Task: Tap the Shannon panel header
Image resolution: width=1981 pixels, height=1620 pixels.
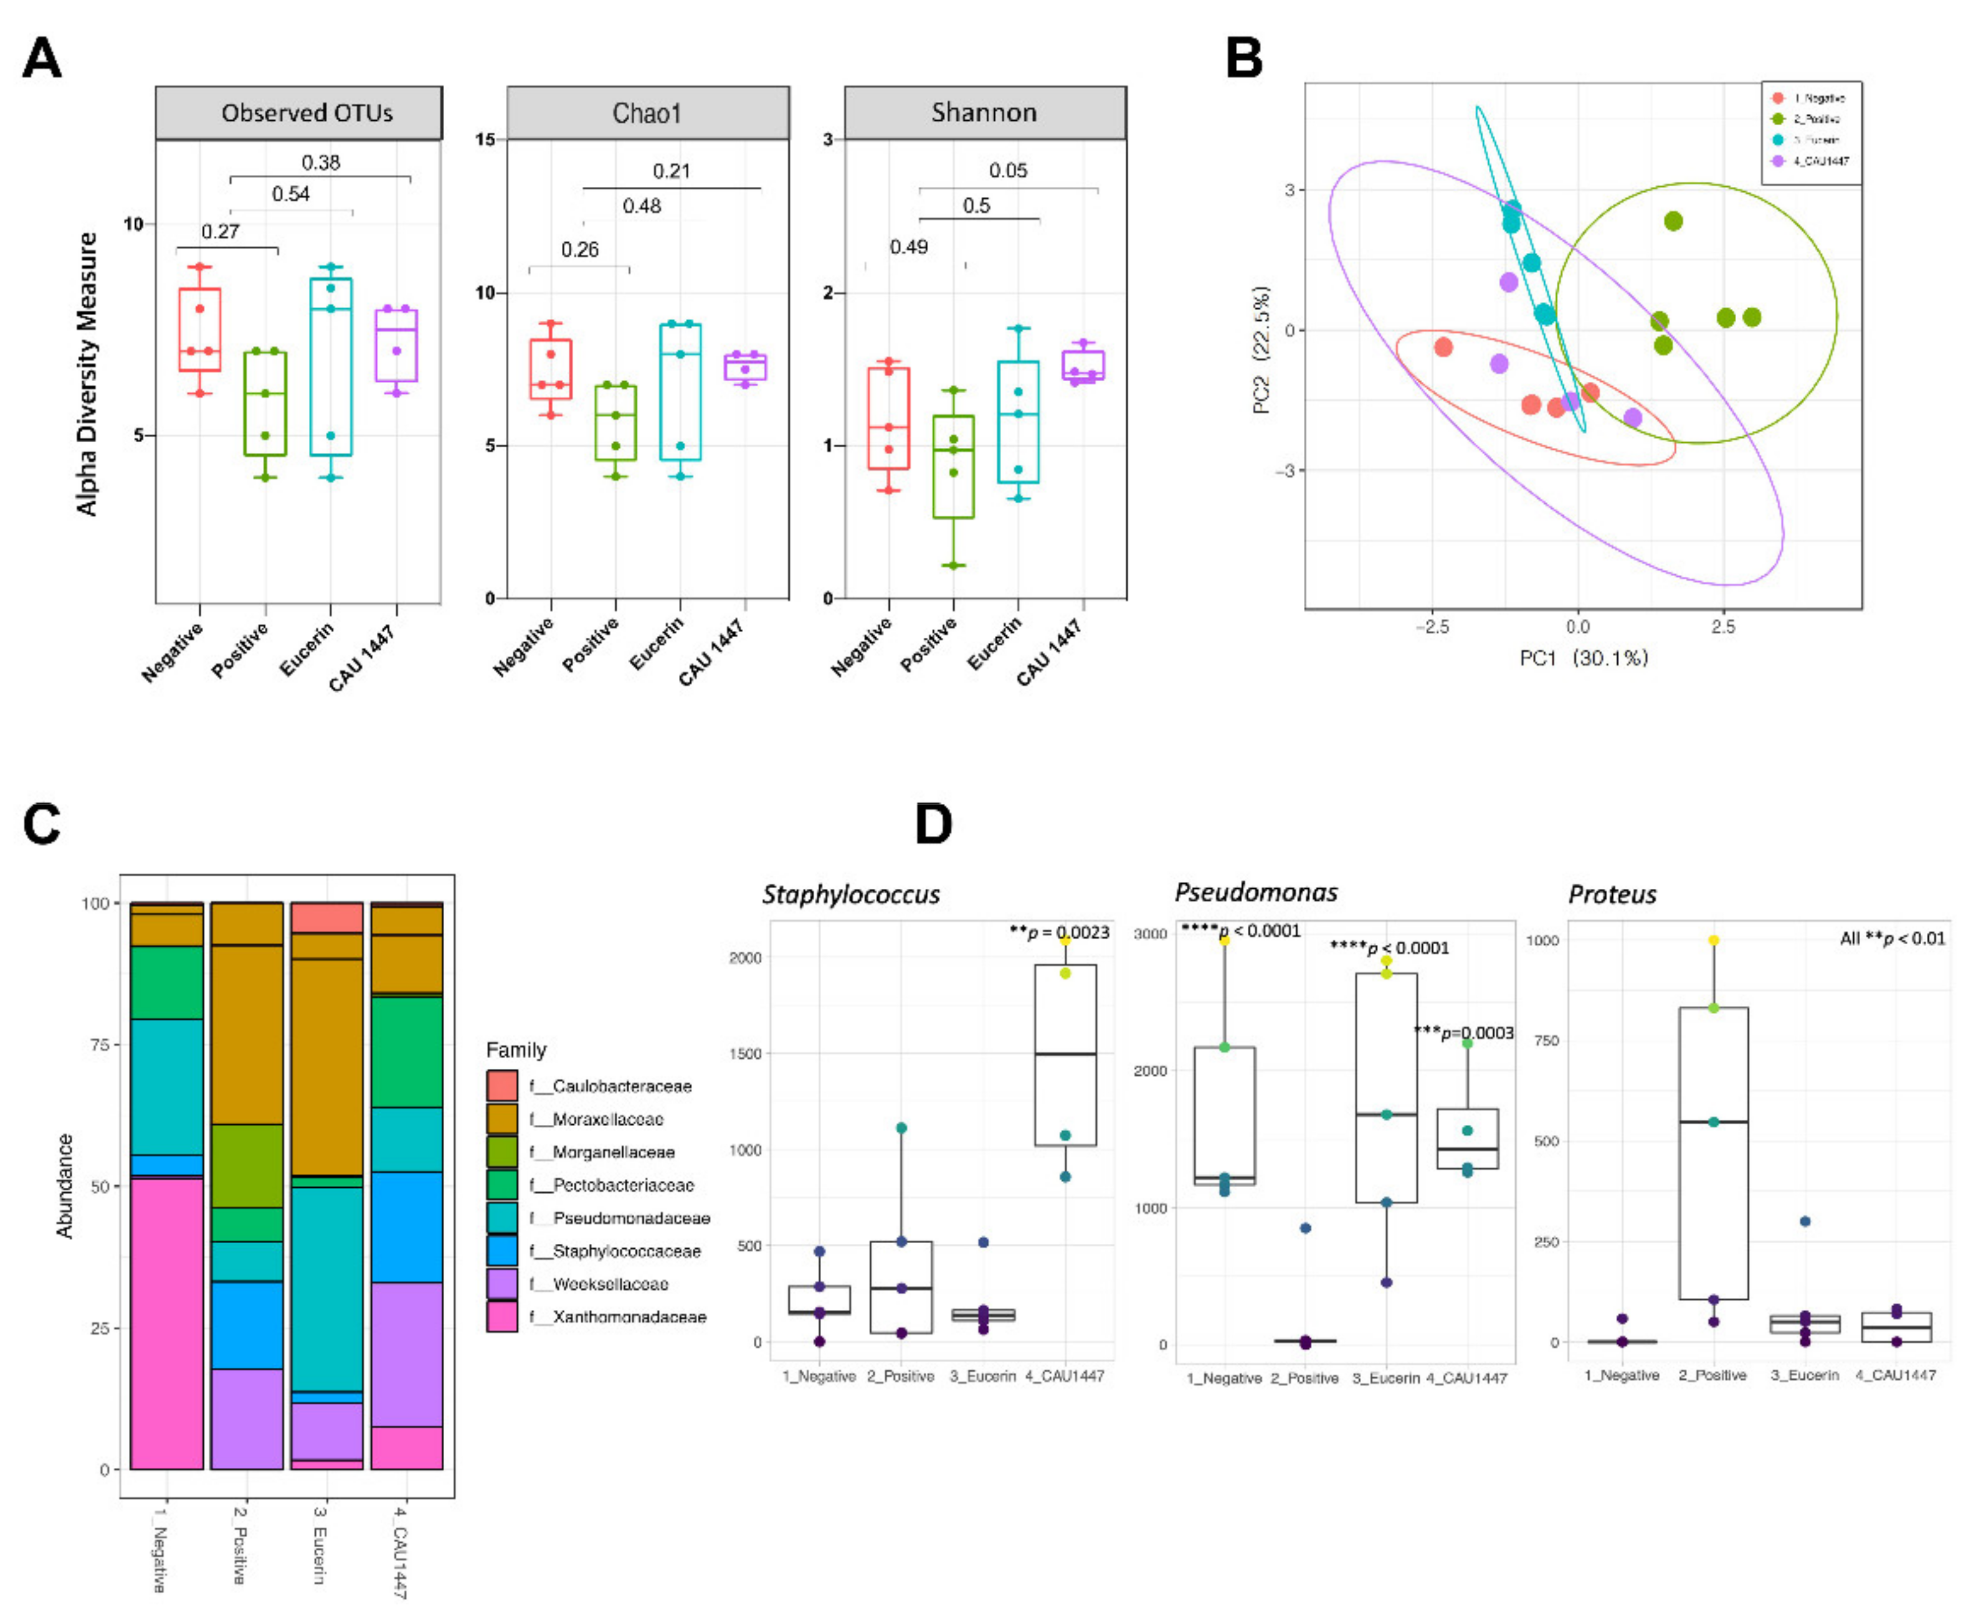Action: pyautogui.click(x=984, y=113)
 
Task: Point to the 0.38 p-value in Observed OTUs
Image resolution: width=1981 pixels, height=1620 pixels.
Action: pyautogui.click(x=320, y=163)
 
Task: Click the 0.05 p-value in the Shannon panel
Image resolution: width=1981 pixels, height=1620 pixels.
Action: pyautogui.click(x=1008, y=171)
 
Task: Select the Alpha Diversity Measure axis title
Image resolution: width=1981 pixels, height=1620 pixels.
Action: pyautogui.click(x=87, y=373)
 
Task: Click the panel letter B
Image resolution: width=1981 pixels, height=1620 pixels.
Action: pyautogui.click(x=1244, y=58)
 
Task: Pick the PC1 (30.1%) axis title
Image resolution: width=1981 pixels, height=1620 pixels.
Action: pyautogui.click(x=1584, y=658)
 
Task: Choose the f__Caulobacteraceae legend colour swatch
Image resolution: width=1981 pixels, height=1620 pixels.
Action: pyautogui.click(x=502, y=1085)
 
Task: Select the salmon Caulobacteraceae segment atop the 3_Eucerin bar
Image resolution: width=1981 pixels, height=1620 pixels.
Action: pyautogui.click(x=326, y=917)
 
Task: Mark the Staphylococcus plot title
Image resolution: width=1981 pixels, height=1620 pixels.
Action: pyautogui.click(x=850, y=894)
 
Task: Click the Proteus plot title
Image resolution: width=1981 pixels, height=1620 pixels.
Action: pyautogui.click(x=1612, y=894)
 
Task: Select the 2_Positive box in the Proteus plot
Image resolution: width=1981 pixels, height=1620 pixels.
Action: pyautogui.click(x=1713, y=1152)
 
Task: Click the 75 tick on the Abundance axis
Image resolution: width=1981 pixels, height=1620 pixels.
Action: pyautogui.click(x=99, y=1044)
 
